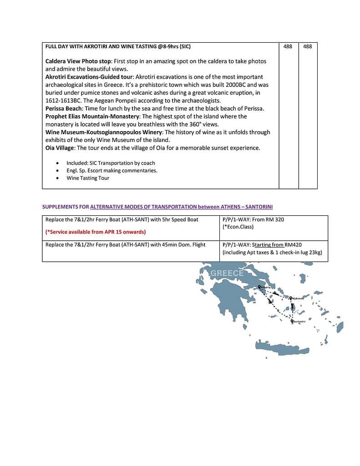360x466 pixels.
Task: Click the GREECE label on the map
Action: click(x=227, y=274)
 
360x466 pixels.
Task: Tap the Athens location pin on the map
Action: click(x=259, y=287)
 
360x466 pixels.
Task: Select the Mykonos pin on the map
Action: click(x=290, y=298)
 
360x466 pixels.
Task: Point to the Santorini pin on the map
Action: click(x=292, y=321)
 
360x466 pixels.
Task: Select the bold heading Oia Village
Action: click(x=60, y=148)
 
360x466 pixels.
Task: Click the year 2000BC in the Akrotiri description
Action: click(x=247, y=85)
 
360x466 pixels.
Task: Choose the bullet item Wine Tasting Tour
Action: click(x=88, y=178)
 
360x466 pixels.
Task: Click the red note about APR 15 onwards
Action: click(x=96, y=232)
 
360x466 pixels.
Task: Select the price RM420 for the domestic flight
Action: click(x=293, y=245)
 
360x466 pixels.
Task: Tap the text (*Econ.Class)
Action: click(x=238, y=227)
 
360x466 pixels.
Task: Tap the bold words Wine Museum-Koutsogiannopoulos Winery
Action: click(x=104, y=132)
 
